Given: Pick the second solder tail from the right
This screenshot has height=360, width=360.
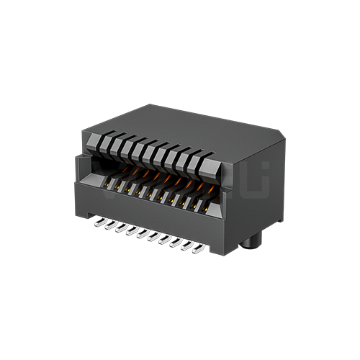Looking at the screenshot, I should point(188,246).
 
